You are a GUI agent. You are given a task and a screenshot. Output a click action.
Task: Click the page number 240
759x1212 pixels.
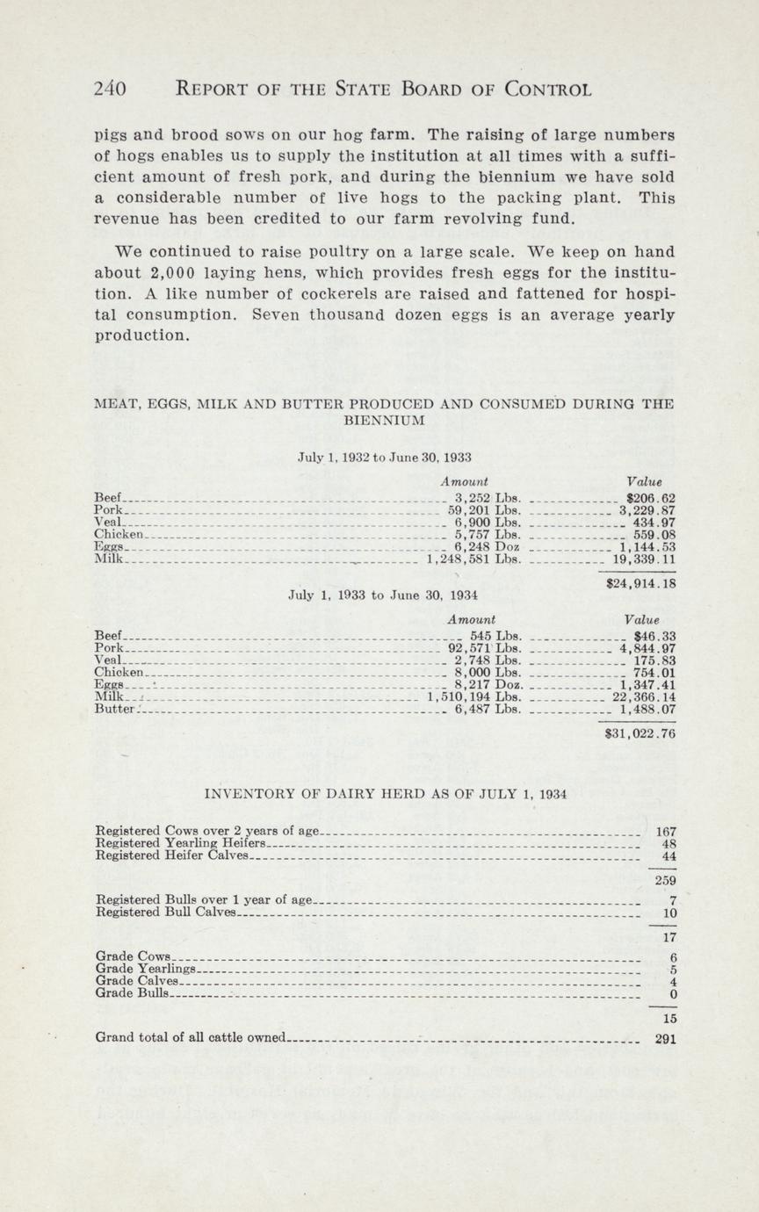pyautogui.click(x=111, y=89)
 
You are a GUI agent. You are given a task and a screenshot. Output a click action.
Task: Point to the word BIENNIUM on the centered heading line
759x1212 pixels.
pyautogui.click(x=385, y=421)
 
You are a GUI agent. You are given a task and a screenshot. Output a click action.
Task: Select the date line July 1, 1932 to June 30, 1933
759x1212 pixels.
pyautogui.click(x=385, y=458)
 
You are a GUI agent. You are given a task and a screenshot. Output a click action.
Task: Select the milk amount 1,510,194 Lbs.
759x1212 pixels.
pyautogui.click(x=474, y=697)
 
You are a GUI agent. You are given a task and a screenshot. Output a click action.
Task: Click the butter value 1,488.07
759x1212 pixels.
pyautogui.click(x=647, y=710)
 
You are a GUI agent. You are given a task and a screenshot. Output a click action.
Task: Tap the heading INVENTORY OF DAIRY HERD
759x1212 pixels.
pyautogui.click(x=385, y=794)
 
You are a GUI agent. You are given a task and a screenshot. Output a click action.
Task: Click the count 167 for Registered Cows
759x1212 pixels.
pyautogui.click(x=666, y=831)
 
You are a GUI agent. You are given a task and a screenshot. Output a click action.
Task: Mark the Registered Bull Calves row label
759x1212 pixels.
pyautogui.click(x=165, y=912)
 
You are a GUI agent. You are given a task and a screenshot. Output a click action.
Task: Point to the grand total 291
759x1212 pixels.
pyautogui.click(x=666, y=1037)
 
